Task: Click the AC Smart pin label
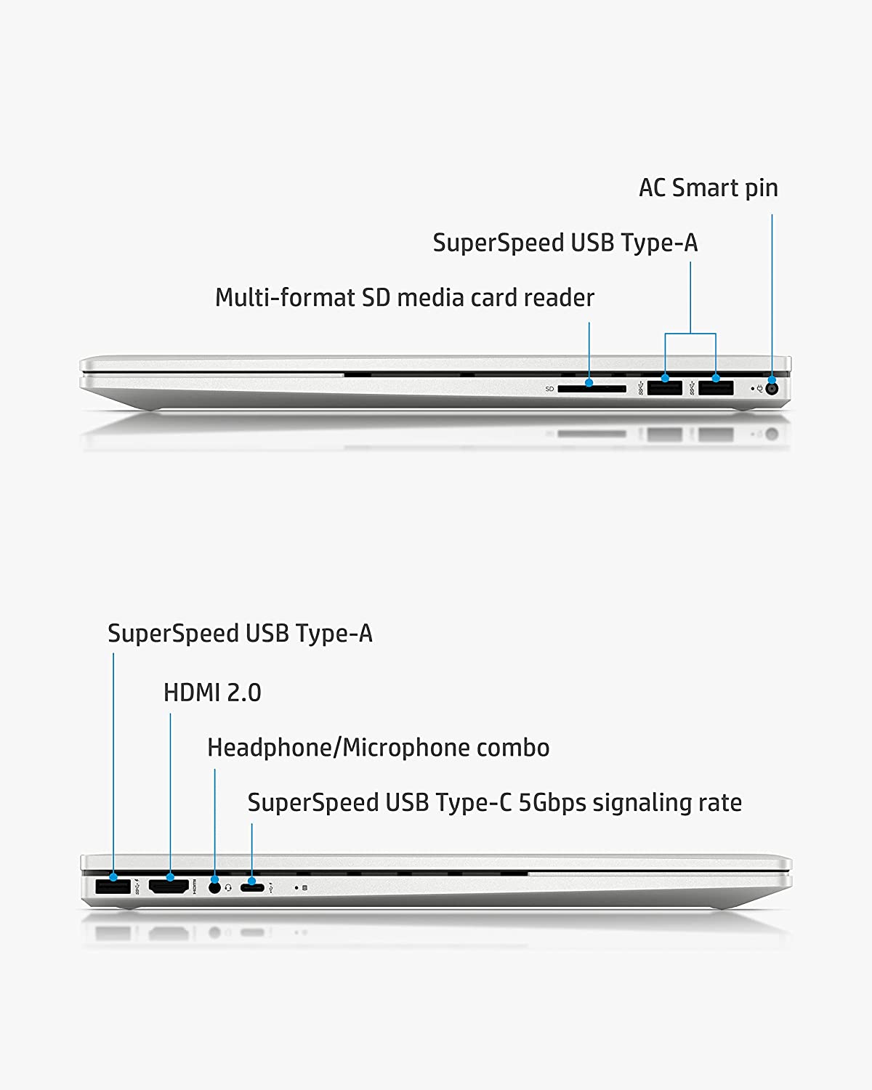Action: [x=708, y=188]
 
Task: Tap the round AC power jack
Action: [x=772, y=389]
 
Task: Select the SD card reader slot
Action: [x=592, y=389]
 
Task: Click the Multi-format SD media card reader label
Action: [x=404, y=298]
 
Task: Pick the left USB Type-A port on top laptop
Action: [x=664, y=388]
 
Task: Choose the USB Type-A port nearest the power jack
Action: [x=716, y=388]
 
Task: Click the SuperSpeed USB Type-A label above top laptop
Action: [x=565, y=243]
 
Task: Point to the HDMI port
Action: [x=169, y=887]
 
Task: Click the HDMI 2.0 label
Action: [x=212, y=693]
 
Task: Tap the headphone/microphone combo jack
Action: [x=214, y=887]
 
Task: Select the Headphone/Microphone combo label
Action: [x=378, y=748]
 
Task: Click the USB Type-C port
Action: [x=252, y=887]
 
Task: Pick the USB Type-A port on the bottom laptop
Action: [x=113, y=887]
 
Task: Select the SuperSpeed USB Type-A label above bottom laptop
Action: [x=240, y=634]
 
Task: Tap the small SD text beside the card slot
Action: [x=549, y=389]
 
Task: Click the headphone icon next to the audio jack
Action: [x=228, y=887]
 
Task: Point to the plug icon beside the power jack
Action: [x=759, y=389]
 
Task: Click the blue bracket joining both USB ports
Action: [x=690, y=334]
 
